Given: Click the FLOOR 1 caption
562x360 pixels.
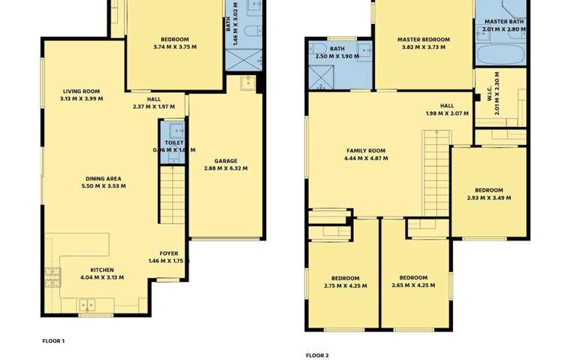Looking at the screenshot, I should click(53, 340).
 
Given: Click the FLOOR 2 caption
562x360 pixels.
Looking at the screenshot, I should click(317, 355).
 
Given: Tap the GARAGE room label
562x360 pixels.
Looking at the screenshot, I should click(225, 161).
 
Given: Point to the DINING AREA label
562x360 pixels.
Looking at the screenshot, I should click(104, 179).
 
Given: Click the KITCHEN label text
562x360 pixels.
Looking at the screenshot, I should click(102, 270).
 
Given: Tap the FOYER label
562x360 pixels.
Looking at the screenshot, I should click(168, 254).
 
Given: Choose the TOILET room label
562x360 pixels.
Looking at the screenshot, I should click(174, 142).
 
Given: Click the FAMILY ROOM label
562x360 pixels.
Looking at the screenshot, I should click(365, 150).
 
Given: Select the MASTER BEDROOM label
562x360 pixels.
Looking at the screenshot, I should click(423, 40).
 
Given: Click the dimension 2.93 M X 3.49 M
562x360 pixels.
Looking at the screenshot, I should click(488, 198).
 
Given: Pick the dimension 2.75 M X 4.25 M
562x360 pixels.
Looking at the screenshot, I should click(346, 286).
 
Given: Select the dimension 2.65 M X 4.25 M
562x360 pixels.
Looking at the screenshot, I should click(413, 286).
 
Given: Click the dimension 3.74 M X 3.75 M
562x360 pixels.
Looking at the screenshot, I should click(174, 47).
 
